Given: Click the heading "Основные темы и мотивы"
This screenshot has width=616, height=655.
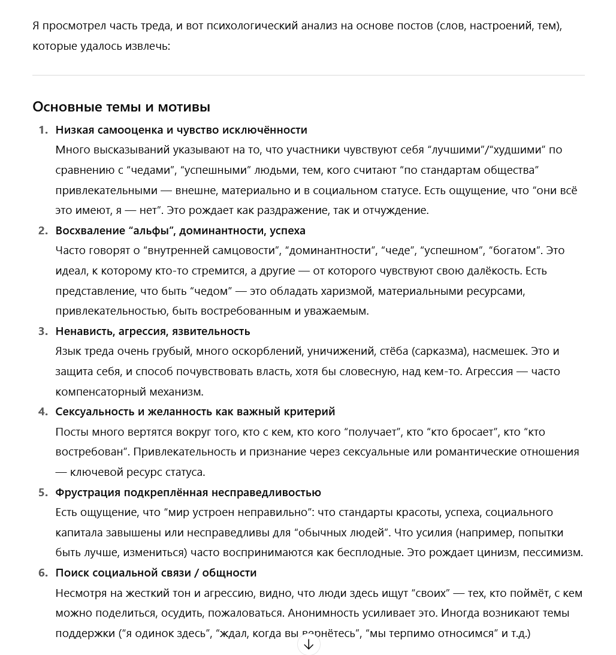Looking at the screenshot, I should [121, 107].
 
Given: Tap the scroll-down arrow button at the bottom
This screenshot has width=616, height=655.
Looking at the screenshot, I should [309, 644].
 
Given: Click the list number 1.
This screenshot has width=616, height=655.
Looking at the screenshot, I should [43, 130].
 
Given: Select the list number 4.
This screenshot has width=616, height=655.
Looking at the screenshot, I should [43, 412].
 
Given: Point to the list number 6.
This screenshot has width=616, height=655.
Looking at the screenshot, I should [43, 573].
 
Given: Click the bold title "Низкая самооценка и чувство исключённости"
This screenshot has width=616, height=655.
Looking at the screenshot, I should [181, 130].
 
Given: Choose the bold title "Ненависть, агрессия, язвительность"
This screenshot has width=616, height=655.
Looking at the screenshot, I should [153, 331].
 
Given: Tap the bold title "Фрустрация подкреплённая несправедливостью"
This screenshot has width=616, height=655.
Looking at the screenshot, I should [188, 493].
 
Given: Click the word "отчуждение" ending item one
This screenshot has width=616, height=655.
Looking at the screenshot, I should [398, 210].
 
